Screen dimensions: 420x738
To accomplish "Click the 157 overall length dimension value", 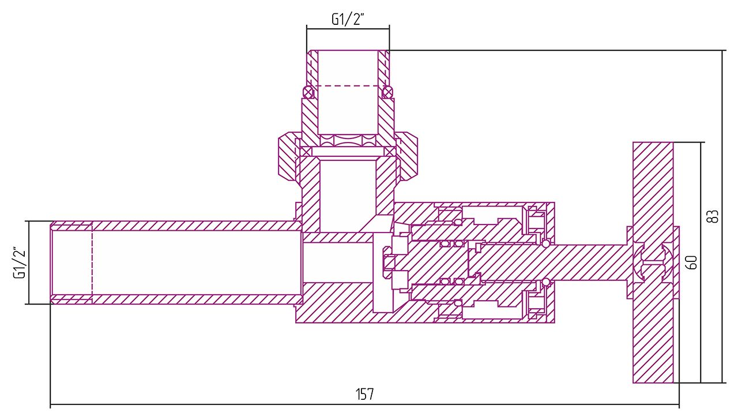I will point(364,395).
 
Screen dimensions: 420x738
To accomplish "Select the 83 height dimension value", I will point(713,216).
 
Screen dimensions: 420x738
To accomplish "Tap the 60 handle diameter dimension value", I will point(692,262).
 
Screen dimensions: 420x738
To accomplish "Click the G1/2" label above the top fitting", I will point(348,19).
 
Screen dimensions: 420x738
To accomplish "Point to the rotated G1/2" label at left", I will point(20,263).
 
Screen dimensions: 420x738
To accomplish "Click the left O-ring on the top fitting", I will point(308,91).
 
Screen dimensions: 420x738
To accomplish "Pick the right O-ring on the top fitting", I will point(387,91).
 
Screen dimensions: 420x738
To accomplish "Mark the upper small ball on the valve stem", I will point(545,243).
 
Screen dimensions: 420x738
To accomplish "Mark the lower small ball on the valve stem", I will point(545,282).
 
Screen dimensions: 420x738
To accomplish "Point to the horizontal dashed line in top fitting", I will point(348,86).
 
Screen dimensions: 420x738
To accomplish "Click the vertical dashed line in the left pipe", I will point(92,262).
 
